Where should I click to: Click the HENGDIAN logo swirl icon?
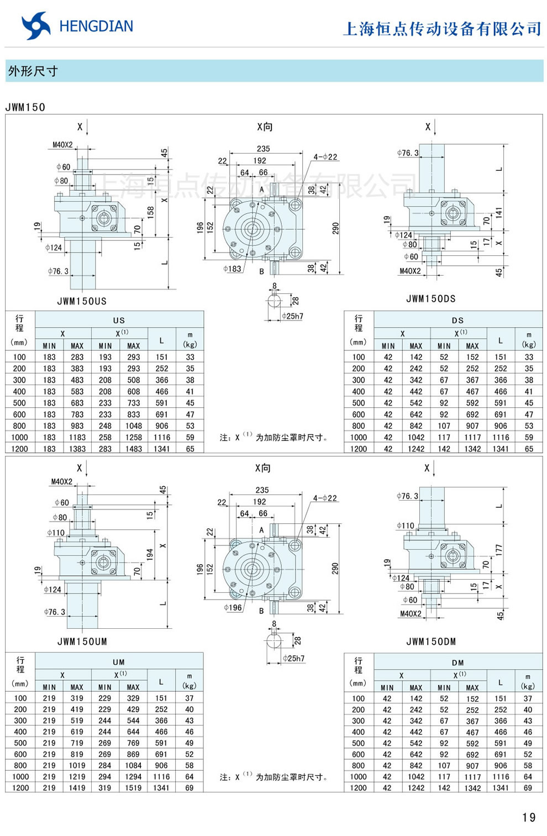pos(36,26)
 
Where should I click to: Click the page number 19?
pos(529,817)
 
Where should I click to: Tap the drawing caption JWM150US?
pos(82,301)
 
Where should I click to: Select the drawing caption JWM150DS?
pos(431,298)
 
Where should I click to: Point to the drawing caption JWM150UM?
pos(82,642)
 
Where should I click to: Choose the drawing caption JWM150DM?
pos(431,642)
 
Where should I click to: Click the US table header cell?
pos(119,320)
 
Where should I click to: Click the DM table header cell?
pos(457,662)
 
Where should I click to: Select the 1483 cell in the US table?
pos(133,449)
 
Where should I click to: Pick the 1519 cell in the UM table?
pos(133,787)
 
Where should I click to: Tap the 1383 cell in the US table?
pos(77,449)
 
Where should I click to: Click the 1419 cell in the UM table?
pos(77,787)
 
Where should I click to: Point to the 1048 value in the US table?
pos(133,426)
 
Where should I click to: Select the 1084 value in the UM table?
pos(133,765)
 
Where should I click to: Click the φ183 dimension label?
pos(232,269)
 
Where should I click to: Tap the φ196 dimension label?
pos(233,607)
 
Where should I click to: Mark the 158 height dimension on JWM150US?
pos(151,212)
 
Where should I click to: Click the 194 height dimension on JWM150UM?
pos(150,554)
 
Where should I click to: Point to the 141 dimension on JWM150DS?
pos(499,212)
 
